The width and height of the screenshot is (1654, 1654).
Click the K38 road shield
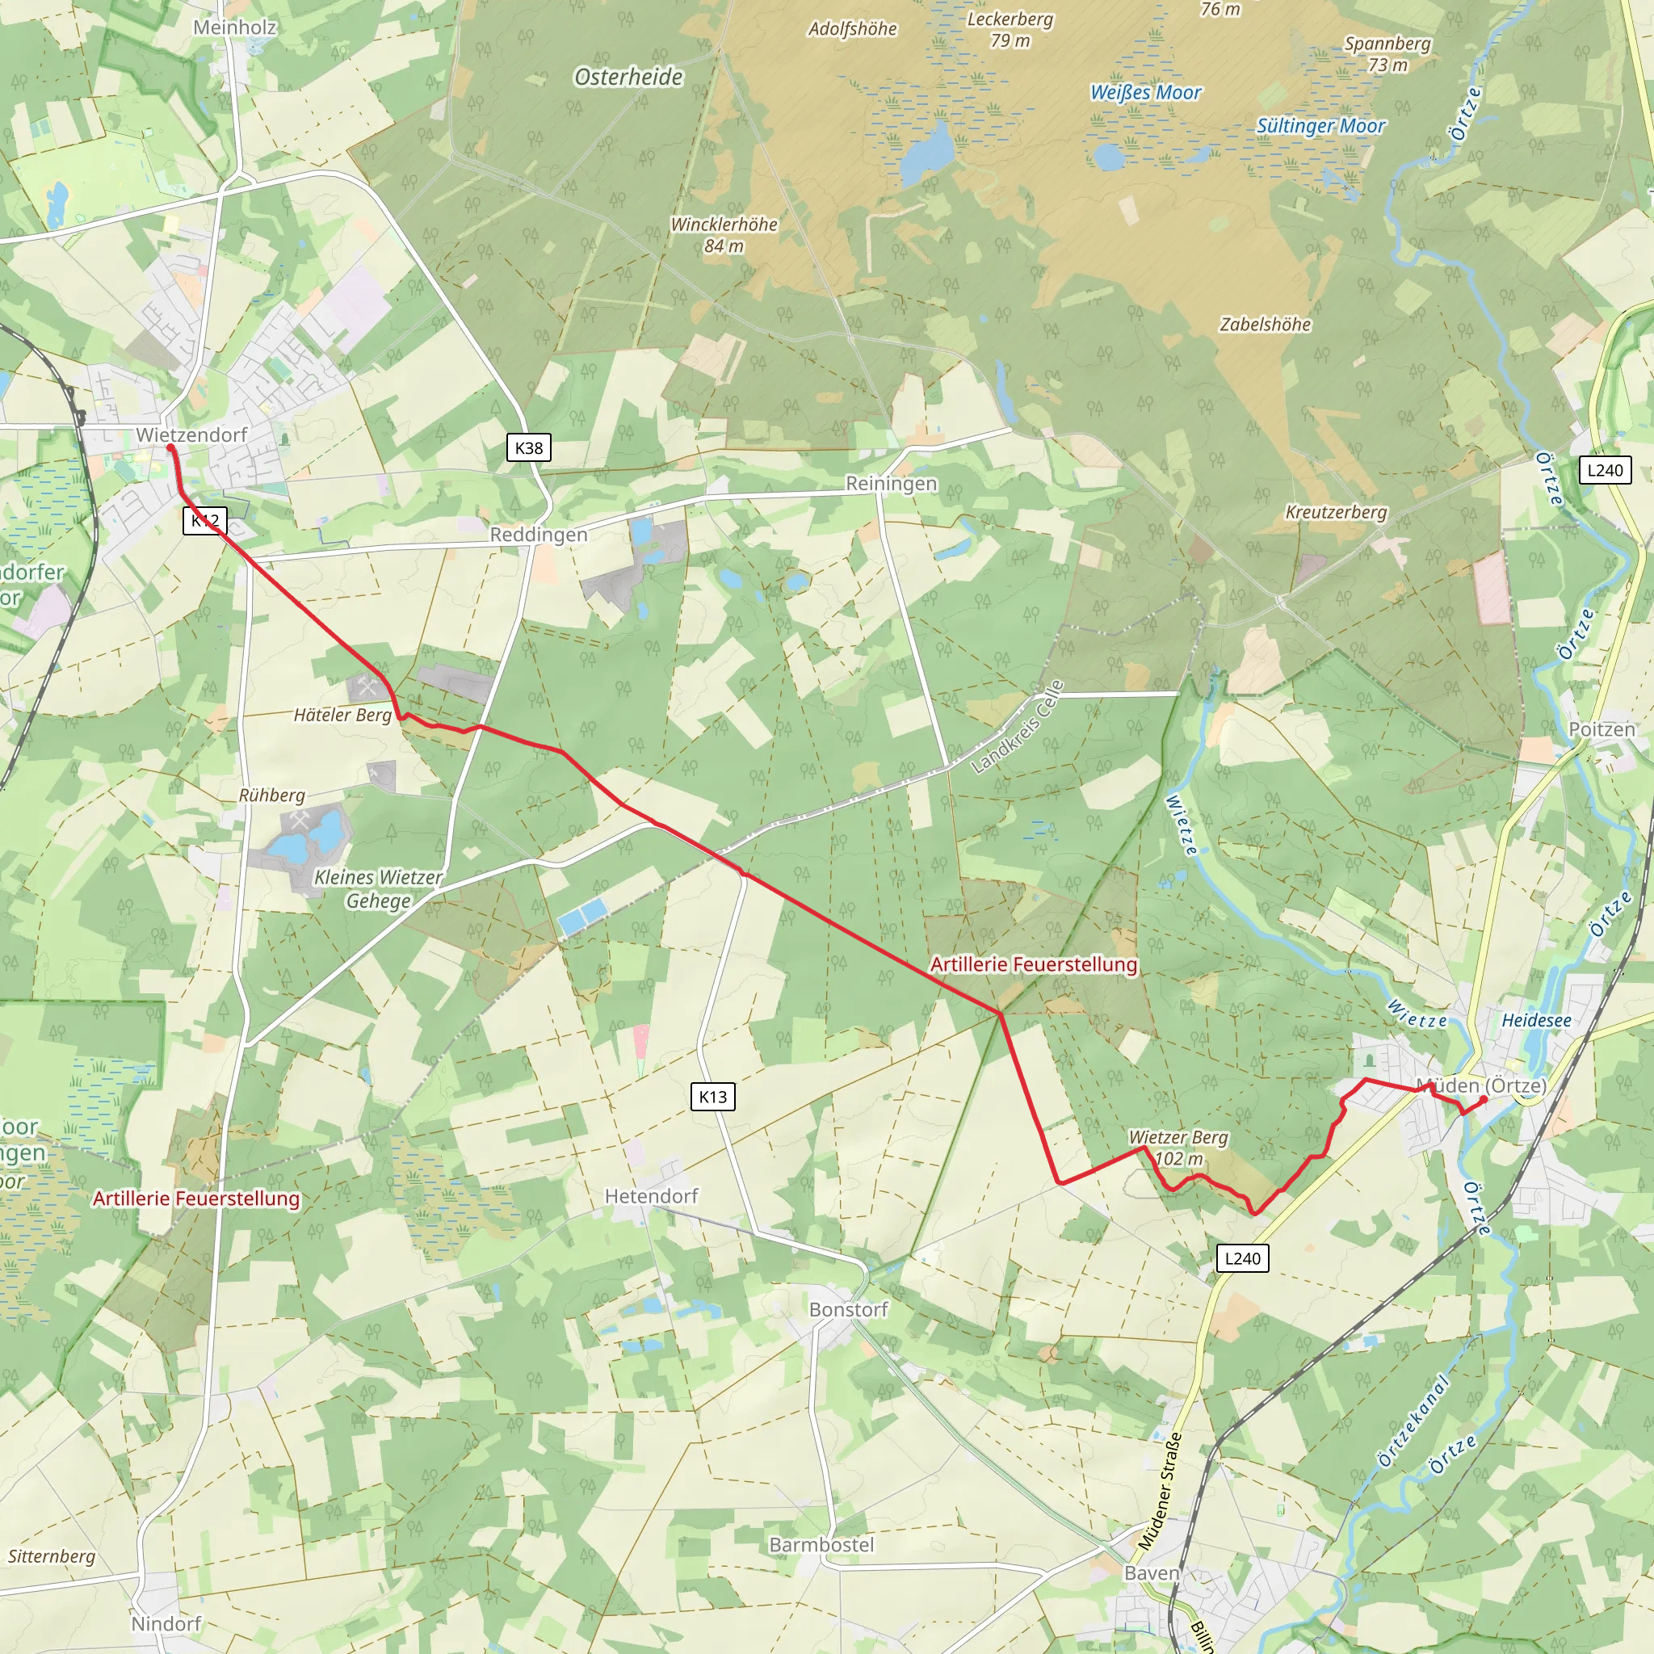(528, 447)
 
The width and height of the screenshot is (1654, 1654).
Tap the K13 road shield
(712, 1097)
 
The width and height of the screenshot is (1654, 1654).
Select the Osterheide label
(628, 77)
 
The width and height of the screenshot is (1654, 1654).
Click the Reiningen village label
(892, 484)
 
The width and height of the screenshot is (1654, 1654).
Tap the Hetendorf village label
(652, 1196)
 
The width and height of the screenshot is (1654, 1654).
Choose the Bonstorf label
(849, 1310)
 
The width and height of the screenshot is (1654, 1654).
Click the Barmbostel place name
(821, 1545)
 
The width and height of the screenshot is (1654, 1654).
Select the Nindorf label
(166, 1624)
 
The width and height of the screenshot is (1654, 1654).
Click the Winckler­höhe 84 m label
(724, 234)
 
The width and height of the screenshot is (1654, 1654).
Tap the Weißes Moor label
(1145, 92)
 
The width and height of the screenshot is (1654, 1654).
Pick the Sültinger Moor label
(1320, 126)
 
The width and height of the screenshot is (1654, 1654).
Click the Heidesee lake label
(1536, 1021)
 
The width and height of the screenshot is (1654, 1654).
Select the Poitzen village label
(1602, 729)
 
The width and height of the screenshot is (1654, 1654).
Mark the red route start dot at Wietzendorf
(170, 447)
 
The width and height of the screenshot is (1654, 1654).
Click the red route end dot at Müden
(1484, 1100)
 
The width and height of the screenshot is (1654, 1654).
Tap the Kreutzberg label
(1336, 512)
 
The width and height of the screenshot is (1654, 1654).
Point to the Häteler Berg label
(342, 715)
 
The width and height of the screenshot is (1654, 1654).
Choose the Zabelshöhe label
(1266, 325)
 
